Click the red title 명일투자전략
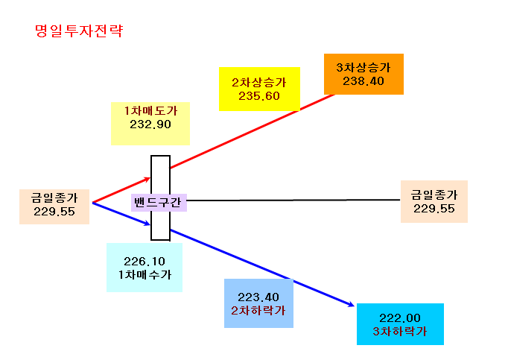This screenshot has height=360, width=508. [x=79, y=31]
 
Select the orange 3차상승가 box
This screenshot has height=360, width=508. [x=363, y=75]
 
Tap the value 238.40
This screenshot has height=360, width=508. [x=363, y=81]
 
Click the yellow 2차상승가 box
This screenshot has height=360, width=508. [x=259, y=89]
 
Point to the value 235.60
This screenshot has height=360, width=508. [x=259, y=96]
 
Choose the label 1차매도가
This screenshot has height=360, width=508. [x=150, y=111]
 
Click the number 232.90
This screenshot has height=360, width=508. [x=150, y=124]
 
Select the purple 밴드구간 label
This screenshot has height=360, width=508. [x=159, y=203]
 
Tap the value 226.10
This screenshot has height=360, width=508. [x=145, y=261]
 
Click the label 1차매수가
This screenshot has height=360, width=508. [x=145, y=275]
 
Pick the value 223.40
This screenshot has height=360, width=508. [x=258, y=297]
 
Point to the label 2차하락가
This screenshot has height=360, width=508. [x=258, y=310]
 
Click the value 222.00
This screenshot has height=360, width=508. [x=400, y=318]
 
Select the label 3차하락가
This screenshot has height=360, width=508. [x=400, y=331]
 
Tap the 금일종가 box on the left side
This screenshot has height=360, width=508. [x=54, y=207]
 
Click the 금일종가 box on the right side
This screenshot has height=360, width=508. [x=434, y=202]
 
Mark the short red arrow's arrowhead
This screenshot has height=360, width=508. [x=147, y=179]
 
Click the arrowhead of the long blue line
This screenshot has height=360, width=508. [x=352, y=305]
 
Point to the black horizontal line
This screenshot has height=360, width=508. [x=293, y=200]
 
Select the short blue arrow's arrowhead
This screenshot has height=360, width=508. [x=147, y=223]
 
